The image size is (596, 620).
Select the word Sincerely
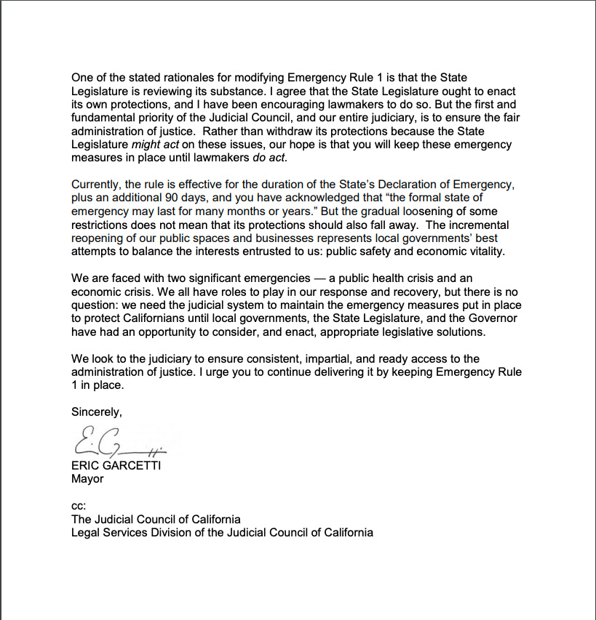[96, 411]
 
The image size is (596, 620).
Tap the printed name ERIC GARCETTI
[116, 466]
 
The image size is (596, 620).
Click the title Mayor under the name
[87, 479]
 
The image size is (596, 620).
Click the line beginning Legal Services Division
[222, 533]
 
